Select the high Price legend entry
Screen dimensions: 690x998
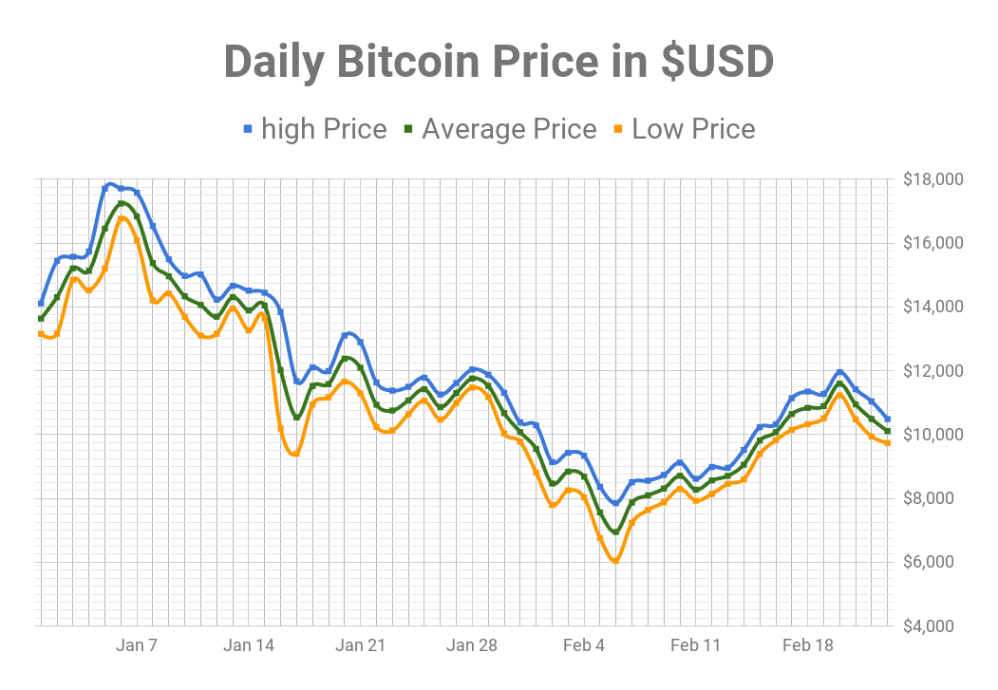click(x=323, y=129)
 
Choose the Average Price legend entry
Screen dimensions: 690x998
click(x=508, y=129)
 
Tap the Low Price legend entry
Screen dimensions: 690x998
click(x=692, y=129)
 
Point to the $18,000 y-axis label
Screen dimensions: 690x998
click(x=932, y=179)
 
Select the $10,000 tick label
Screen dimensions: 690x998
click(x=932, y=435)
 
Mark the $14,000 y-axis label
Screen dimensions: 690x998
click(x=932, y=307)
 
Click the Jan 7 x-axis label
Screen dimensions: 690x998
click(x=137, y=646)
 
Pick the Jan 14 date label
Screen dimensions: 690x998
click(x=249, y=646)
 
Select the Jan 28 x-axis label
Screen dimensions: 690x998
click(x=472, y=646)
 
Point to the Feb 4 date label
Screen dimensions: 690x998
click(x=584, y=646)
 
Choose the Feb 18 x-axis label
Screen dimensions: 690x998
click(x=807, y=646)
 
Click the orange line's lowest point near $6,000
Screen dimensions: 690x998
click(x=615, y=561)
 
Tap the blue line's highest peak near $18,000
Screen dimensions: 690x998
click(x=111, y=184)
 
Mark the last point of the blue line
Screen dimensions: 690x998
click(x=888, y=419)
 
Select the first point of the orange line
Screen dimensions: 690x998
click(x=41, y=333)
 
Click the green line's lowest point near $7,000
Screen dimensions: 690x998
click(x=615, y=531)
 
